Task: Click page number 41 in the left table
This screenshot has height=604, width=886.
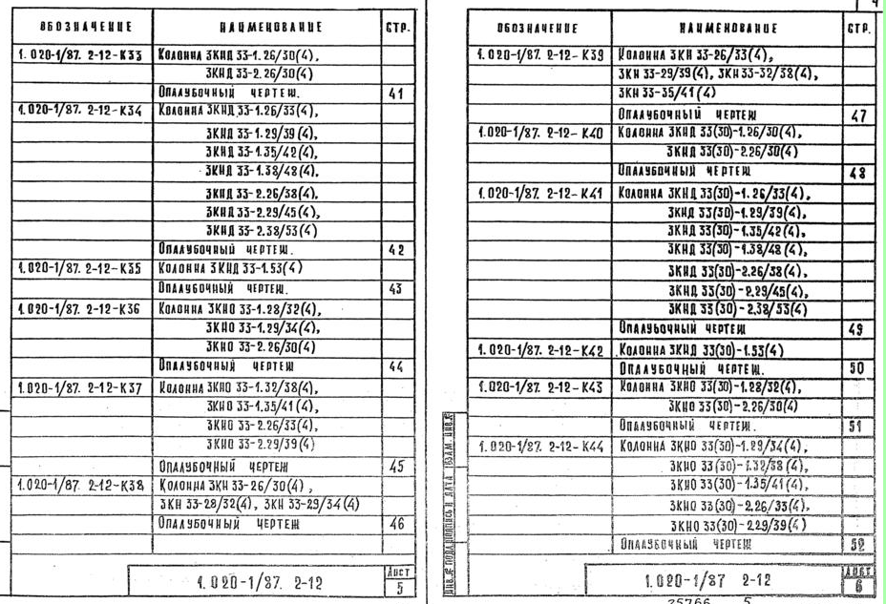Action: point(396,94)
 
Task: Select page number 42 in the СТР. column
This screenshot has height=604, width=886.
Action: point(396,250)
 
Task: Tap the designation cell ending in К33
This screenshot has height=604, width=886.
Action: point(79,55)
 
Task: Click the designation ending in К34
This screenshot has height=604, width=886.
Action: point(79,113)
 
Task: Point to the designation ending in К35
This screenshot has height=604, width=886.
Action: point(79,268)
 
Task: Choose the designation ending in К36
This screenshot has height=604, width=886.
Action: point(79,308)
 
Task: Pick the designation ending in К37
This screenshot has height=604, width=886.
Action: point(79,388)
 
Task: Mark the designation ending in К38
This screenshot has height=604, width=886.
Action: point(79,485)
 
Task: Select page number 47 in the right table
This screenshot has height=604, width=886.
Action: point(858,115)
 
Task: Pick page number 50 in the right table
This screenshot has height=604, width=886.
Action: point(856,368)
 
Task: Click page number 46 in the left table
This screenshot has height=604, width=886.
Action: point(396,524)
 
